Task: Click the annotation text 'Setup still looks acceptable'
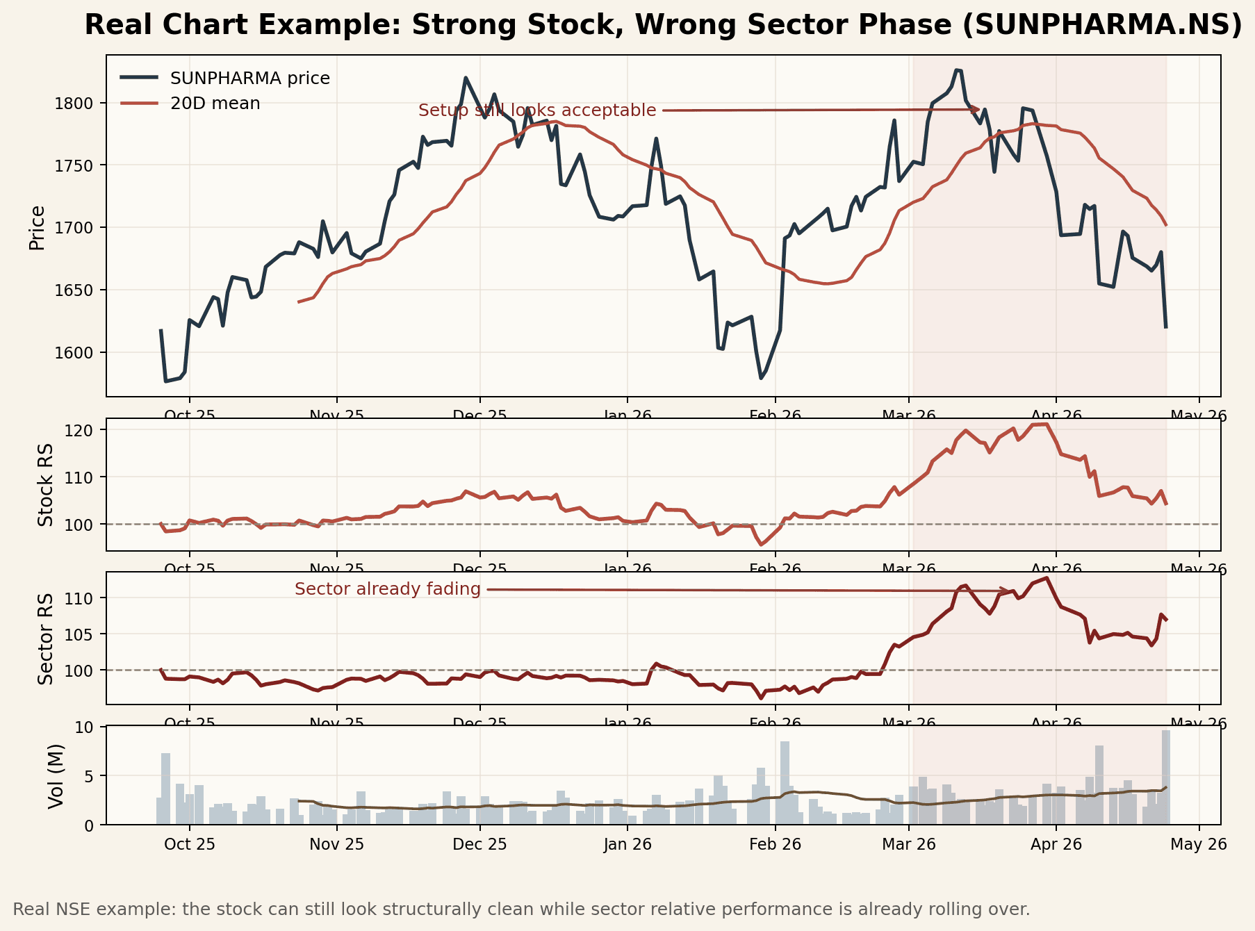(x=537, y=110)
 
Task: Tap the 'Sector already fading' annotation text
(x=387, y=589)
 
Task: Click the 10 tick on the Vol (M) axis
(x=92, y=727)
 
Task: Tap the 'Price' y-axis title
(x=37, y=227)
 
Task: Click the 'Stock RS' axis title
(x=45, y=485)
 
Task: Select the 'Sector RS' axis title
(x=45, y=638)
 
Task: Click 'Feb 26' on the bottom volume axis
(x=775, y=844)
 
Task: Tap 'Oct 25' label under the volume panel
(x=189, y=844)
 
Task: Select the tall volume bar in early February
(x=785, y=782)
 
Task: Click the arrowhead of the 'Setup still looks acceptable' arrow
(x=976, y=109)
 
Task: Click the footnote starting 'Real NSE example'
(x=521, y=909)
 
